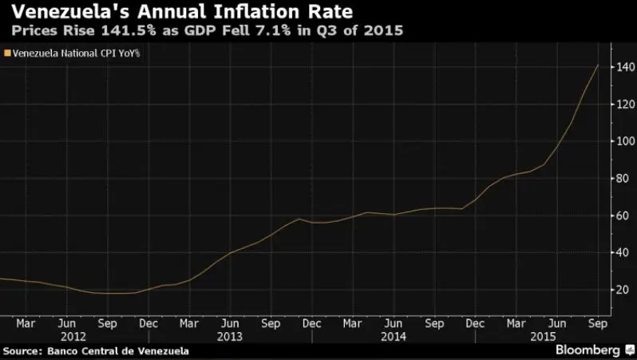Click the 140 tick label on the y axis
621,67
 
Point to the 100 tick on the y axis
621,141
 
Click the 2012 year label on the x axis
68,337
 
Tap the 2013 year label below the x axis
230,337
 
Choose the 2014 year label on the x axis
393,337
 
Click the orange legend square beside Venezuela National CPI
7,53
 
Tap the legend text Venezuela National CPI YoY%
77,53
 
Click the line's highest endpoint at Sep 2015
599,65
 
